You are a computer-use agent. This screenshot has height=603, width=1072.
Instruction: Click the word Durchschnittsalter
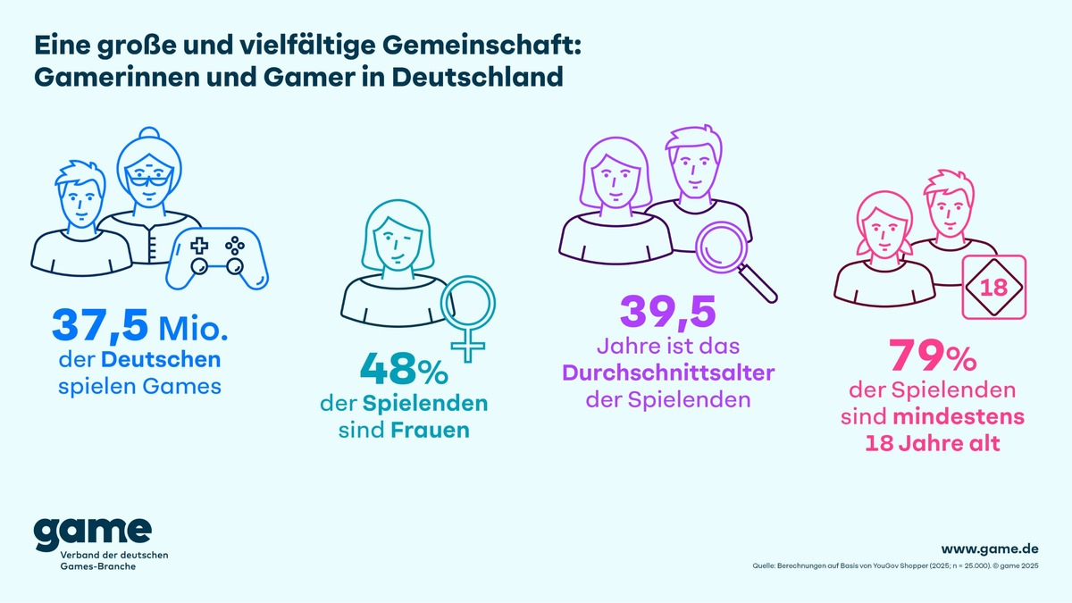668,372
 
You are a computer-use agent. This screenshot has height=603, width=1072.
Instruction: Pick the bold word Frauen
429,431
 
